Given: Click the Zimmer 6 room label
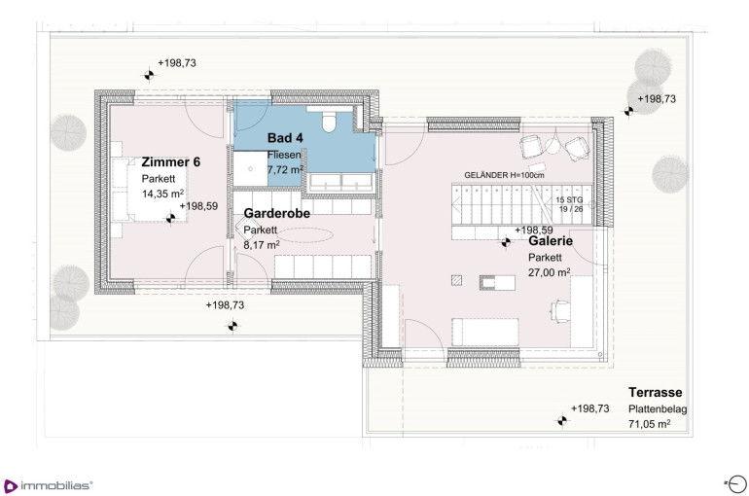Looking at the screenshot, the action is pyautogui.click(x=170, y=161).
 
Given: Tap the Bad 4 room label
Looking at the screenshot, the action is pyautogui.click(x=285, y=138).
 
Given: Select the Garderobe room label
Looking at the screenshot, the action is pyautogui.click(x=277, y=213).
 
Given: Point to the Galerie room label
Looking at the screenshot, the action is pyautogui.click(x=551, y=241).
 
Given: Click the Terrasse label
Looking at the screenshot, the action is pyautogui.click(x=655, y=392).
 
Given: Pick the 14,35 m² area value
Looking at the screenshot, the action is pyautogui.click(x=162, y=194).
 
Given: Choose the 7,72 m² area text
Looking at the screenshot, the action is pyautogui.click(x=285, y=169).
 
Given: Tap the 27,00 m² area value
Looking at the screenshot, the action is pyautogui.click(x=550, y=272).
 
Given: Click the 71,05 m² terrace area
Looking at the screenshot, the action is pyautogui.click(x=650, y=423).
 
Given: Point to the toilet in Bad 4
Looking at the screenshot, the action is pyautogui.click(x=330, y=121).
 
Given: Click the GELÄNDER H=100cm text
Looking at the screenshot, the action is pyautogui.click(x=504, y=175).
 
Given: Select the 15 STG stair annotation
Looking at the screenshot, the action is pyautogui.click(x=569, y=200).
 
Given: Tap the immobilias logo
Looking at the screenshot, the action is pyautogui.click(x=48, y=486).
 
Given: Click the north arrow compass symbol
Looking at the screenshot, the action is pyautogui.click(x=736, y=483).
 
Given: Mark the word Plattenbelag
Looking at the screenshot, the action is pyautogui.click(x=658, y=409).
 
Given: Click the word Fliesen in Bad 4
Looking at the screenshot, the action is pyautogui.click(x=284, y=155).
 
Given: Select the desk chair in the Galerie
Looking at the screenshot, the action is pyautogui.click(x=561, y=311).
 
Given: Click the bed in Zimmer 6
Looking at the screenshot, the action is pyautogui.click(x=150, y=190).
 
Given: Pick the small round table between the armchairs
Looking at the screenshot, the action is pyautogui.click(x=553, y=147).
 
